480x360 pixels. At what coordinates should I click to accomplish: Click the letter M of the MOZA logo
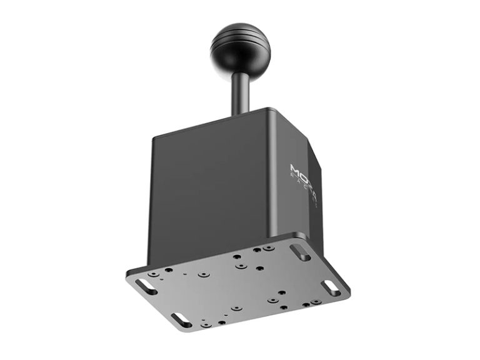tap(296, 168)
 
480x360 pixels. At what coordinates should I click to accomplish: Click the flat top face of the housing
tap(275, 119)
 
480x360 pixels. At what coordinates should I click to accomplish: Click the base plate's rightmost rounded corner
tap(347, 294)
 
